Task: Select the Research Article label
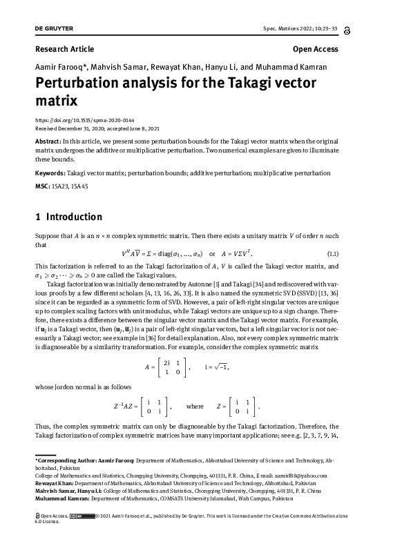coord(64,49)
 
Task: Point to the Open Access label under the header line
coord(315,49)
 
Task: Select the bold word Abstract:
coord(52,139)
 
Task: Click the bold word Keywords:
coord(54,173)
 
